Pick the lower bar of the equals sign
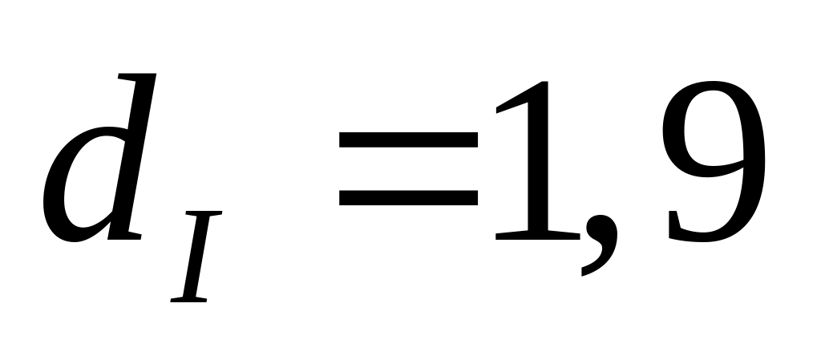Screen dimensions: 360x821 pyautogui.click(x=408, y=196)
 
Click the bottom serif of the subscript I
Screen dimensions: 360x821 pyautogui.click(x=189, y=299)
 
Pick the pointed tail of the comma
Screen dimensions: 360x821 pyautogui.click(x=585, y=271)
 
